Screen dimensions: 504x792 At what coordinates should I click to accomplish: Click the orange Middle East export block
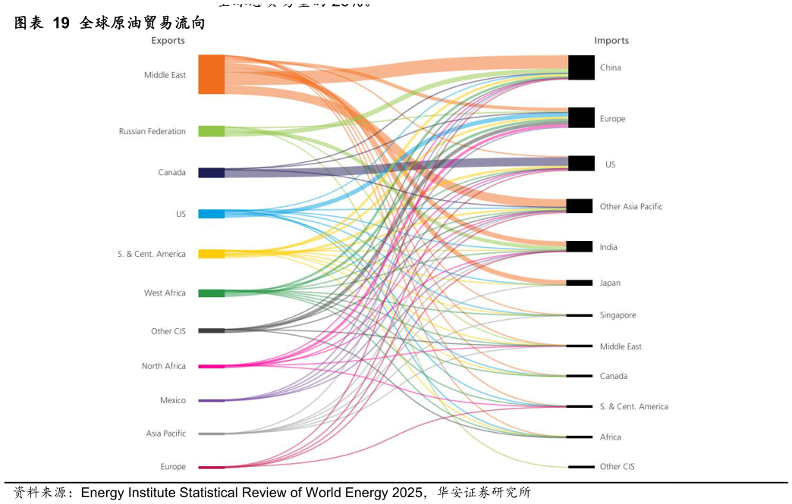click(211, 74)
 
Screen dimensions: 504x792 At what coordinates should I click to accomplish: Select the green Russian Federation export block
click(211, 131)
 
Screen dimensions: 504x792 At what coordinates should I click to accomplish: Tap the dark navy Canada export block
click(211, 173)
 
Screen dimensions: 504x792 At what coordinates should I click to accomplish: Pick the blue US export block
click(211, 214)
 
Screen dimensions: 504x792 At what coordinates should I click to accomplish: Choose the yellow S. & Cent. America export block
click(211, 254)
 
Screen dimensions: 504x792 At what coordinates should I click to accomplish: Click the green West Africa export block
click(211, 293)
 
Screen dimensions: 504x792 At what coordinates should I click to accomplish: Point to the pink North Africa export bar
click(211, 367)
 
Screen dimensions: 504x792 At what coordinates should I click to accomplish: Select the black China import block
click(581, 67)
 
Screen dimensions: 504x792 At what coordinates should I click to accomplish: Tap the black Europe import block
click(581, 117)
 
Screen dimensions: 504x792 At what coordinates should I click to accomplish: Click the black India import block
click(580, 246)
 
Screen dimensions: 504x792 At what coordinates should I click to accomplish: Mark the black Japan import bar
click(580, 283)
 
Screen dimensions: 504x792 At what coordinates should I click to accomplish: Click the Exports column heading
click(168, 40)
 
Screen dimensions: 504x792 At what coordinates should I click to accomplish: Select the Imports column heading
click(611, 40)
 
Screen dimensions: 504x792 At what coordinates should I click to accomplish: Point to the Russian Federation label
click(152, 132)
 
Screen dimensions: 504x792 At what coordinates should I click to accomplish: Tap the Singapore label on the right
click(618, 315)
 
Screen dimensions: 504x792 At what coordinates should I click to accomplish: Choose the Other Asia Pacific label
click(631, 206)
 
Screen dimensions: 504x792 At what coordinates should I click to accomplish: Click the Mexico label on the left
click(173, 400)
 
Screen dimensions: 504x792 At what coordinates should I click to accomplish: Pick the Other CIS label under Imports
click(617, 467)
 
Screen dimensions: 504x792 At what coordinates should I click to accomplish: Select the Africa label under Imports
click(610, 437)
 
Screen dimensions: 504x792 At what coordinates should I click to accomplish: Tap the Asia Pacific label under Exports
click(165, 434)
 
